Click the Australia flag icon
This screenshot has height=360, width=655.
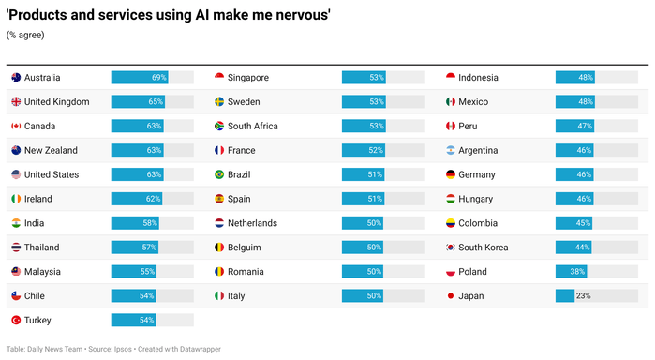click(16, 77)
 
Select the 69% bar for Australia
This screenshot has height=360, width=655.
click(139, 77)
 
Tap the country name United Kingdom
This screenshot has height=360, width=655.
click(56, 101)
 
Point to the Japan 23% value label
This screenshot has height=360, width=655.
click(583, 296)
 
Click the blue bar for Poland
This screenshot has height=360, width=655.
click(571, 272)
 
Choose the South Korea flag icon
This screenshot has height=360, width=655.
click(450, 247)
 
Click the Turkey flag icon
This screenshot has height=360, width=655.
click(16, 321)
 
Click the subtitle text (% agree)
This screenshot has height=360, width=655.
click(25, 35)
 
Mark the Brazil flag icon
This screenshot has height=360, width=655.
click(219, 174)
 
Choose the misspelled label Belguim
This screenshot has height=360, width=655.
click(246, 247)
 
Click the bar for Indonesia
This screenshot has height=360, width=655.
click(575, 77)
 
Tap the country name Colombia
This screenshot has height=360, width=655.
click(478, 223)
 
